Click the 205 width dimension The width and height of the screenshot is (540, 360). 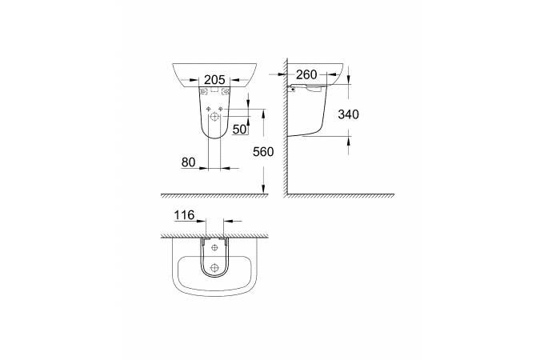[214, 80]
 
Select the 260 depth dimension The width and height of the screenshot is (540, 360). [306, 74]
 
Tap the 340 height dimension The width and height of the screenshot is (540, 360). [348, 114]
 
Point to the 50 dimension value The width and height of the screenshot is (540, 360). [240, 130]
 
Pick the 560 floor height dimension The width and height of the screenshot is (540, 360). [263, 151]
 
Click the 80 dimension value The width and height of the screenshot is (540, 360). [188, 162]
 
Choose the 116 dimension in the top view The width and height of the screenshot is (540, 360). [184, 215]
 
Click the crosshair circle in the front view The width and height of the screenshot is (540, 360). [214, 117]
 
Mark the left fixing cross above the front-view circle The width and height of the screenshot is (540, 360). [208, 110]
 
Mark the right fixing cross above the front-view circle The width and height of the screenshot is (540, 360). [221, 110]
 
